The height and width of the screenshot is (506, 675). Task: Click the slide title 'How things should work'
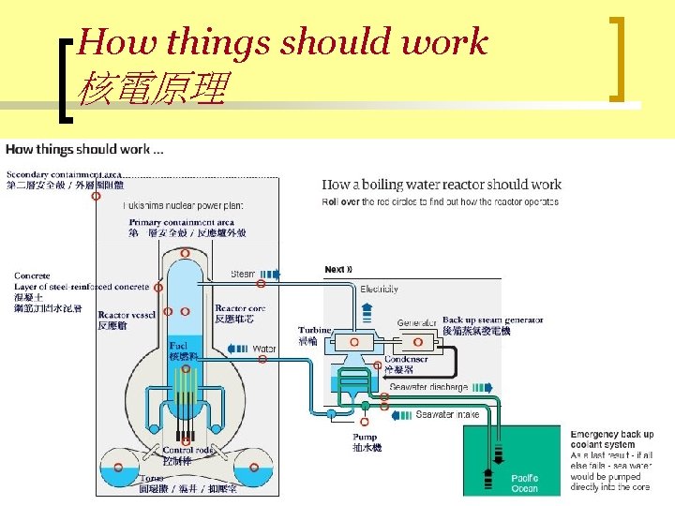point(283,42)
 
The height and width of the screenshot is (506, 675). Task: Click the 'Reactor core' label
point(240,308)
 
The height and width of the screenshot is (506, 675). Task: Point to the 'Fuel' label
point(178,346)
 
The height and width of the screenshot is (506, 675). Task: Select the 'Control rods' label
point(188,450)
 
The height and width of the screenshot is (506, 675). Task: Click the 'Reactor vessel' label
point(127,315)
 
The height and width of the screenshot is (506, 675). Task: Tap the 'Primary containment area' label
point(187,222)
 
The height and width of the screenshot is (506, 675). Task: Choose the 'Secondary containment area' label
point(64,174)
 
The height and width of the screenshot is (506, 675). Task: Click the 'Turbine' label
point(315,331)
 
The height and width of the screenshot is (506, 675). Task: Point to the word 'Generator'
point(417,323)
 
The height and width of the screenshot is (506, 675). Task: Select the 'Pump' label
point(366,437)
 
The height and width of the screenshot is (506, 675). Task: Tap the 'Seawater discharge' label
point(428,387)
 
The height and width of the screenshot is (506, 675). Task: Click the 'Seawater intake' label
point(448,414)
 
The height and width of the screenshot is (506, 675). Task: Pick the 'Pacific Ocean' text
point(525,484)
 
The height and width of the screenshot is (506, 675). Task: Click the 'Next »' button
point(338,270)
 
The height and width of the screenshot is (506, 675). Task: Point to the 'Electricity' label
point(379,290)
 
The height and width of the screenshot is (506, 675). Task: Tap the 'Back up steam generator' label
point(492,320)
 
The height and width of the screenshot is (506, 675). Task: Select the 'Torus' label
point(151,477)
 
